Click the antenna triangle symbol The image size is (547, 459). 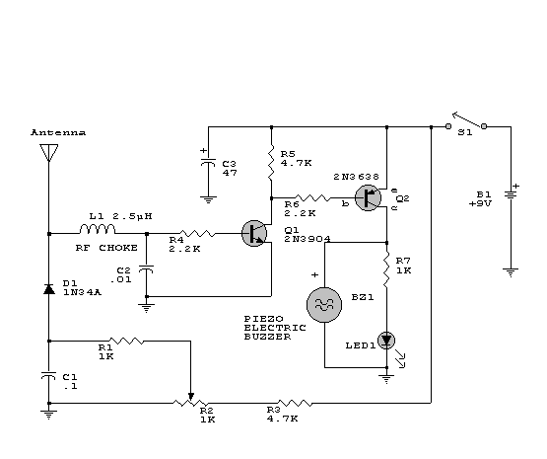[x=49, y=152]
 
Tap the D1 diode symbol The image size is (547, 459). [x=49, y=289]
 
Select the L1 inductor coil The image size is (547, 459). [x=98, y=229]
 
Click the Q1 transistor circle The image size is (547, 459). [x=254, y=233]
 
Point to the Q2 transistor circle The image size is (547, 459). [x=368, y=197]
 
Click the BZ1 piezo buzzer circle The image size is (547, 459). [x=324, y=305]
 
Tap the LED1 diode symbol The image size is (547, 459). [x=386, y=341]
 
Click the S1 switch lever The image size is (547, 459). [x=468, y=119]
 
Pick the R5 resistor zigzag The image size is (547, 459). [x=271, y=163]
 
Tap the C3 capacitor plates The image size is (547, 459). [x=208, y=162]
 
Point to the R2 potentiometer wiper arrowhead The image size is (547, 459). [x=191, y=397]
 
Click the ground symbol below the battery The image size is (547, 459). [x=511, y=272]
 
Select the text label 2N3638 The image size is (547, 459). [x=356, y=177]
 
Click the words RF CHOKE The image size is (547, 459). [x=106, y=248]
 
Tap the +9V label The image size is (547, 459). [x=480, y=203]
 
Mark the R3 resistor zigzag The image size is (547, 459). [x=295, y=403]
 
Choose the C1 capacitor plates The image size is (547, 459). [x=49, y=375]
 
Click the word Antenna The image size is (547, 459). [x=58, y=132]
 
